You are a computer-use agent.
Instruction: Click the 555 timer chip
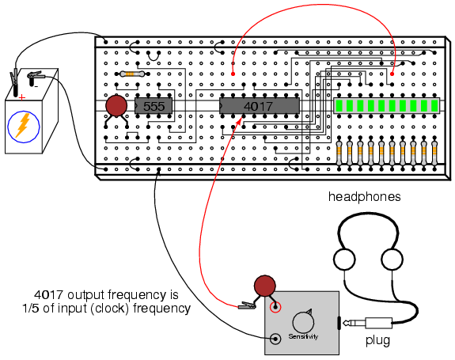tap(154, 106)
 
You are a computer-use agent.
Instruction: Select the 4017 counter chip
tap(259, 106)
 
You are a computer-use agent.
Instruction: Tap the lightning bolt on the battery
tap(23, 125)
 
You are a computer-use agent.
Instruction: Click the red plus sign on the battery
tap(22, 98)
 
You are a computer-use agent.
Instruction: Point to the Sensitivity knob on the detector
tap(303, 322)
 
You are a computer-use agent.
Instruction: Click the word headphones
tap(365, 197)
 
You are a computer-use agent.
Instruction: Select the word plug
tap(377, 340)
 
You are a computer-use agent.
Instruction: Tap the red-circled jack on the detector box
tap(275, 307)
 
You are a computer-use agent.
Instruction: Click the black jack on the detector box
tap(275, 339)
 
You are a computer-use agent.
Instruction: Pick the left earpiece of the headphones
tap(344, 259)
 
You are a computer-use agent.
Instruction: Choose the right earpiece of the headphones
tap(392, 259)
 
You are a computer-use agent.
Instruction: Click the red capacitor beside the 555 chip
tap(116, 106)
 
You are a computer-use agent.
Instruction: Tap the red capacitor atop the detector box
tap(264, 286)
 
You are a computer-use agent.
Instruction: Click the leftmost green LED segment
tap(339, 106)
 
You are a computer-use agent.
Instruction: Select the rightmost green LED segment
tap(434, 106)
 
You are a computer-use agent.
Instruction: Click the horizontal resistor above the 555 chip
tap(132, 74)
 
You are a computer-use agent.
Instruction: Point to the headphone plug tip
tap(345, 323)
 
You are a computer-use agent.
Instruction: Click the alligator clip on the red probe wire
tap(247, 305)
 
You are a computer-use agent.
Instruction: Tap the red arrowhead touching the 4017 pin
tap(240, 121)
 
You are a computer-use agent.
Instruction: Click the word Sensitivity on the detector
tap(303, 336)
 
